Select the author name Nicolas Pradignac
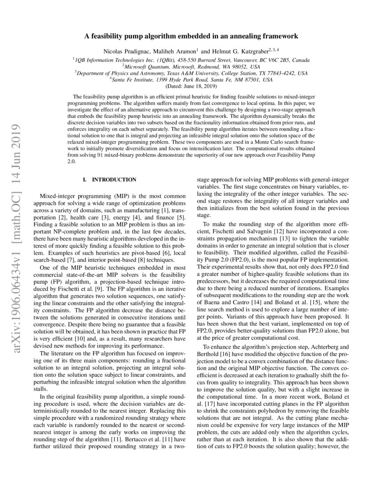coord(122,50)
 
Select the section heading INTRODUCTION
coord(114,179)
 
